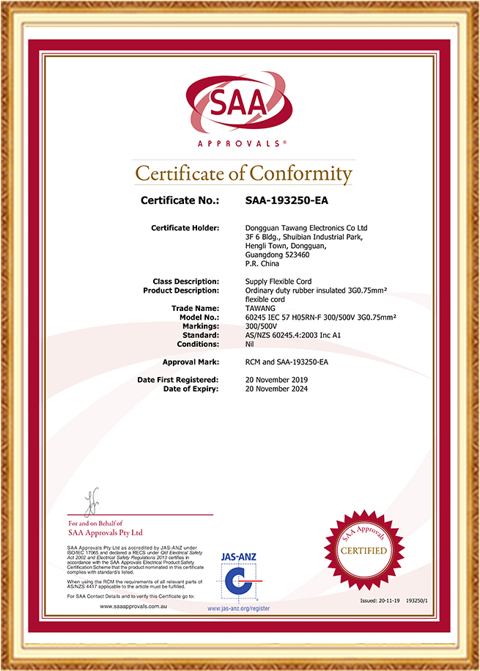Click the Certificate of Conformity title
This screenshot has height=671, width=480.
[x=244, y=174]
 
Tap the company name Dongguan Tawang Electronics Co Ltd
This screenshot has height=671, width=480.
[x=306, y=228]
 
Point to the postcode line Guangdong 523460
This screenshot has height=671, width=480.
[x=276, y=254]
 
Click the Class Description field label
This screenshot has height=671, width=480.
[x=186, y=282]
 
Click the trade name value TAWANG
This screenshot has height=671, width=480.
[x=261, y=308]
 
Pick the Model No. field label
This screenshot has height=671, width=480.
[x=199, y=317]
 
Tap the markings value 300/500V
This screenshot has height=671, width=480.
[x=261, y=326]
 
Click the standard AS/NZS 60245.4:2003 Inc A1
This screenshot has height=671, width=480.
[x=293, y=334]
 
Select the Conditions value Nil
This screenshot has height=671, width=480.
[x=249, y=344]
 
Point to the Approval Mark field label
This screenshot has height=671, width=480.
[x=191, y=362]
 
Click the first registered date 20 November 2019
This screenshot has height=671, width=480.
[x=276, y=379]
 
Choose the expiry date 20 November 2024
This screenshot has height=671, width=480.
[x=276, y=389]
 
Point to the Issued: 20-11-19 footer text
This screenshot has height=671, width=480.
[x=379, y=600]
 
